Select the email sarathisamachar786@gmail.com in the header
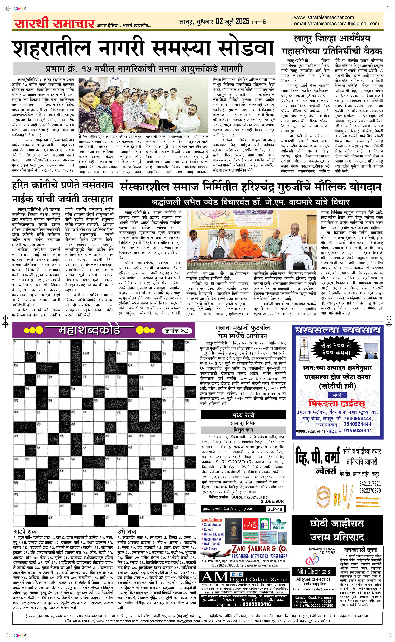336,24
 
